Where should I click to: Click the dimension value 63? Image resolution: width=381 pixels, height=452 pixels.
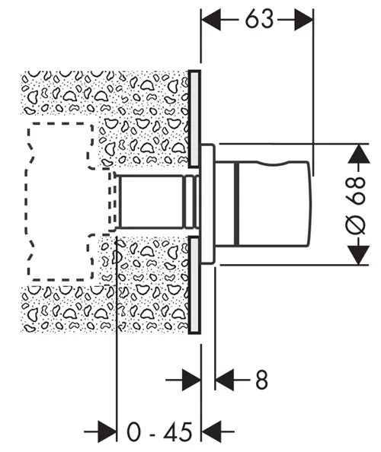[259, 19]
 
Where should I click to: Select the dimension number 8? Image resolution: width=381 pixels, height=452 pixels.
[262, 380]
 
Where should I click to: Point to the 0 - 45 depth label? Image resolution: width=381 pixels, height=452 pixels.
[159, 431]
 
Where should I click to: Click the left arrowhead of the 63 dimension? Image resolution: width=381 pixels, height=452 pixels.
[211, 20]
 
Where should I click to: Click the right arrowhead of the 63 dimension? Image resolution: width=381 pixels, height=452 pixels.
[303, 20]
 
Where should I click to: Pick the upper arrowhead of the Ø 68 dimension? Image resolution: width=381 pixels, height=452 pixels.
[358, 154]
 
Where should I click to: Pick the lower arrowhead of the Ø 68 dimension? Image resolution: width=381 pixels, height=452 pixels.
[358, 255]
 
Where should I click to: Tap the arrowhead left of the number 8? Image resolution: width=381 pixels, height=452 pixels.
[224, 380]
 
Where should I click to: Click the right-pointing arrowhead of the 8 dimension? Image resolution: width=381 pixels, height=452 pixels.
[192, 380]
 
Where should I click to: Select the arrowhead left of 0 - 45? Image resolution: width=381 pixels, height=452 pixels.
[107, 431]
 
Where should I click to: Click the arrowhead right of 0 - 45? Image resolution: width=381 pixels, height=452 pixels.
[211, 431]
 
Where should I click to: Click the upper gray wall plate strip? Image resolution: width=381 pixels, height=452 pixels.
[194, 119]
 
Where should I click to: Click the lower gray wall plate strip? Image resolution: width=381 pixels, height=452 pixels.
[194, 285]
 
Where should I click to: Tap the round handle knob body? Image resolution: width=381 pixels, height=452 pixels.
[274, 204]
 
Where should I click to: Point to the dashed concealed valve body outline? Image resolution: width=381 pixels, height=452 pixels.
[28, 202]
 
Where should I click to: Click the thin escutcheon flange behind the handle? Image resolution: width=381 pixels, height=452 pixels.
[208, 203]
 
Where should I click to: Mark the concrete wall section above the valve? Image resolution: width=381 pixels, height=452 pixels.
[104, 92]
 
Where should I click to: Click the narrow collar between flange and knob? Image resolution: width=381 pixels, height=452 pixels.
[227, 204]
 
